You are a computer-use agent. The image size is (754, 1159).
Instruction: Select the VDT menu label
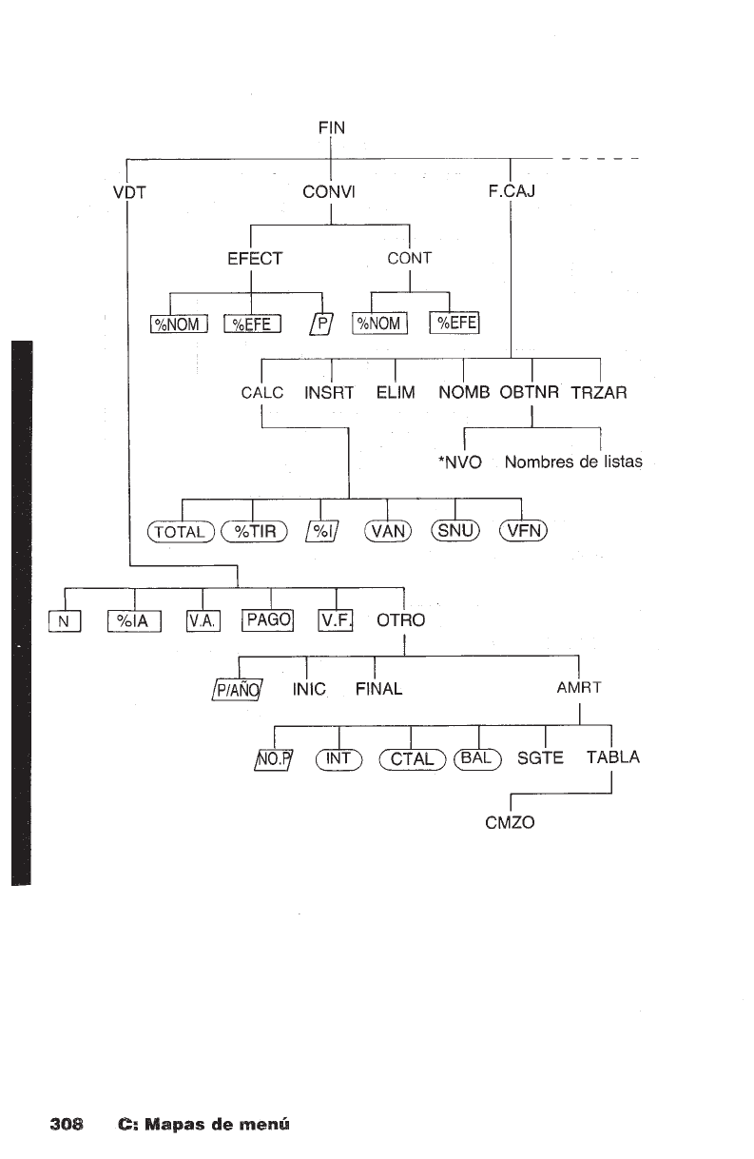point(127,191)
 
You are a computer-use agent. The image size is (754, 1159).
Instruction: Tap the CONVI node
point(329,191)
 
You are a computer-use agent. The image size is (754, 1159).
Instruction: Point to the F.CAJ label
point(512,191)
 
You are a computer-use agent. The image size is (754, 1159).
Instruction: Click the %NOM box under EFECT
point(179,325)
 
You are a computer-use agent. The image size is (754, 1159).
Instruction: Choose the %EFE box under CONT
point(454,324)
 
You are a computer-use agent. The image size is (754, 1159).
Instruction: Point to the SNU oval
point(456,530)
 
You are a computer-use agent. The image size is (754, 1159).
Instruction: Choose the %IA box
point(137,622)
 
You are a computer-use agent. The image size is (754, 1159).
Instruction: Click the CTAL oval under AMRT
point(411,758)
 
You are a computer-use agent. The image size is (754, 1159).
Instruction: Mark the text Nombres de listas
point(573,462)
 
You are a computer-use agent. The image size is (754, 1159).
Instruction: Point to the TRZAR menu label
point(598,392)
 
